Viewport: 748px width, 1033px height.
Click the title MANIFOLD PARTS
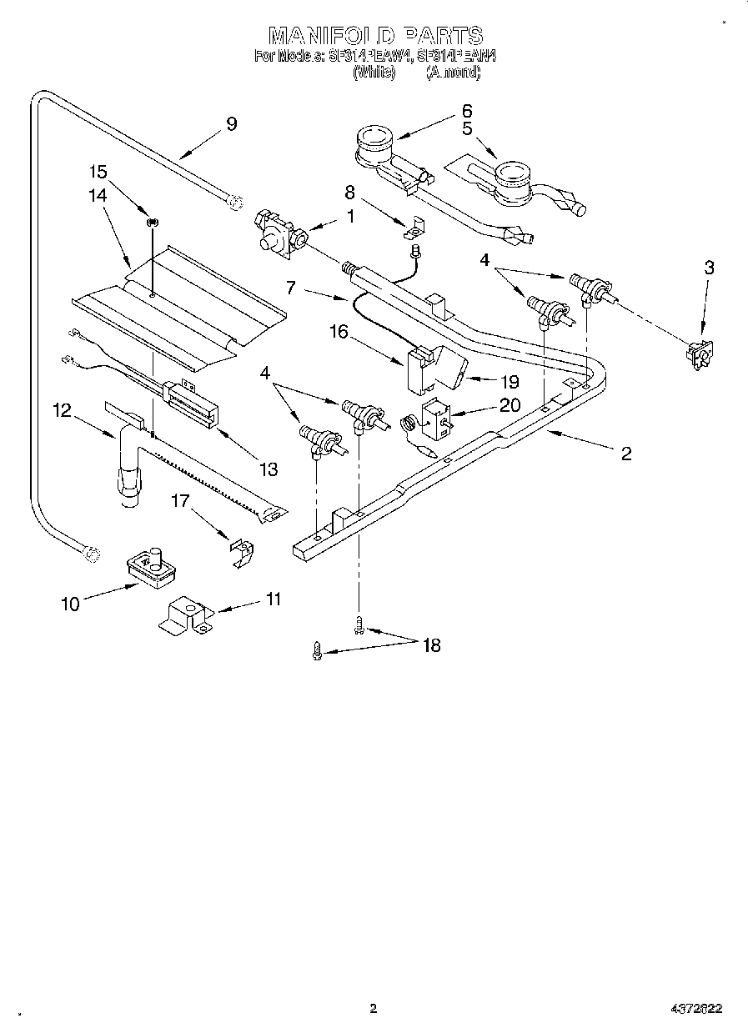tap(374, 36)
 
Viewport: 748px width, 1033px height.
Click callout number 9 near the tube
tap(231, 124)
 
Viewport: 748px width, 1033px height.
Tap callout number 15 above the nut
tap(98, 173)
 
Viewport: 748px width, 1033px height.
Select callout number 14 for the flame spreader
tap(98, 196)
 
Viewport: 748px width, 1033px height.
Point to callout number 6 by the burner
tap(466, 110)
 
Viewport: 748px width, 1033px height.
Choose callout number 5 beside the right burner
tap(466, 129)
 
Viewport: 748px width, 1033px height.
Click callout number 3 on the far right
tap(709, 268)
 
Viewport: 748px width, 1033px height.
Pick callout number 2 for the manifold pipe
tap(625, 454)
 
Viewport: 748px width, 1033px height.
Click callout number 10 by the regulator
tap(70, 604)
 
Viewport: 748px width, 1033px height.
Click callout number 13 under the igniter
tap(268, 469)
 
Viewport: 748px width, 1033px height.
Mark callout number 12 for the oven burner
tap(62, 410)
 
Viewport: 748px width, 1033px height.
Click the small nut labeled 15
tap(153, 223)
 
